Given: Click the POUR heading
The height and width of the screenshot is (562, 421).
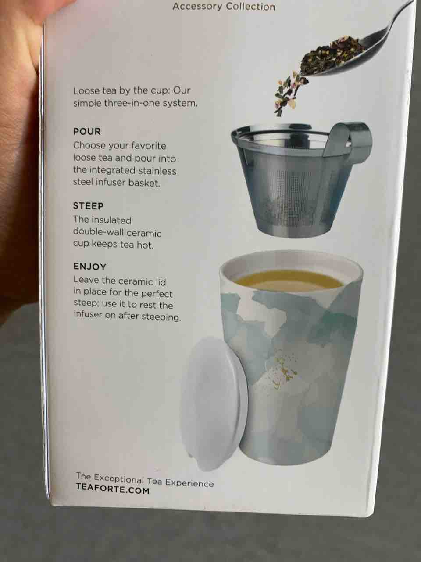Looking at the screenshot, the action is [87, 132].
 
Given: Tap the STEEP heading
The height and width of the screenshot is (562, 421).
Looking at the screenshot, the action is [89, 206].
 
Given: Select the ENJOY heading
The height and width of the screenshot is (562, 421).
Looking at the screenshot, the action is [90, 267].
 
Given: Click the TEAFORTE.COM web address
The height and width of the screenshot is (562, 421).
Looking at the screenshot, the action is [113, 490].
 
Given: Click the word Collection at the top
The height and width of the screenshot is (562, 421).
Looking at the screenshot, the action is [250, 7].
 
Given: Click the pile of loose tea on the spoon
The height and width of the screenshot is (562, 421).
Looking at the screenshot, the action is [332, 55].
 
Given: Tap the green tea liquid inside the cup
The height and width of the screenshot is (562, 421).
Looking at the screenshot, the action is [289, 281].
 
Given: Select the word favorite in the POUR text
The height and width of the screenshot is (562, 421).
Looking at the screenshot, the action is [149, 146].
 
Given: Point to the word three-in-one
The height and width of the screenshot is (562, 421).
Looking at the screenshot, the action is [135, 103].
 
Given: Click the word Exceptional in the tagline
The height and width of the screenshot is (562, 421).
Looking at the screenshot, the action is [118, 479].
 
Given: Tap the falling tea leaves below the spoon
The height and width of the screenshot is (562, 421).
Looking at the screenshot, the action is [290, 94].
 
